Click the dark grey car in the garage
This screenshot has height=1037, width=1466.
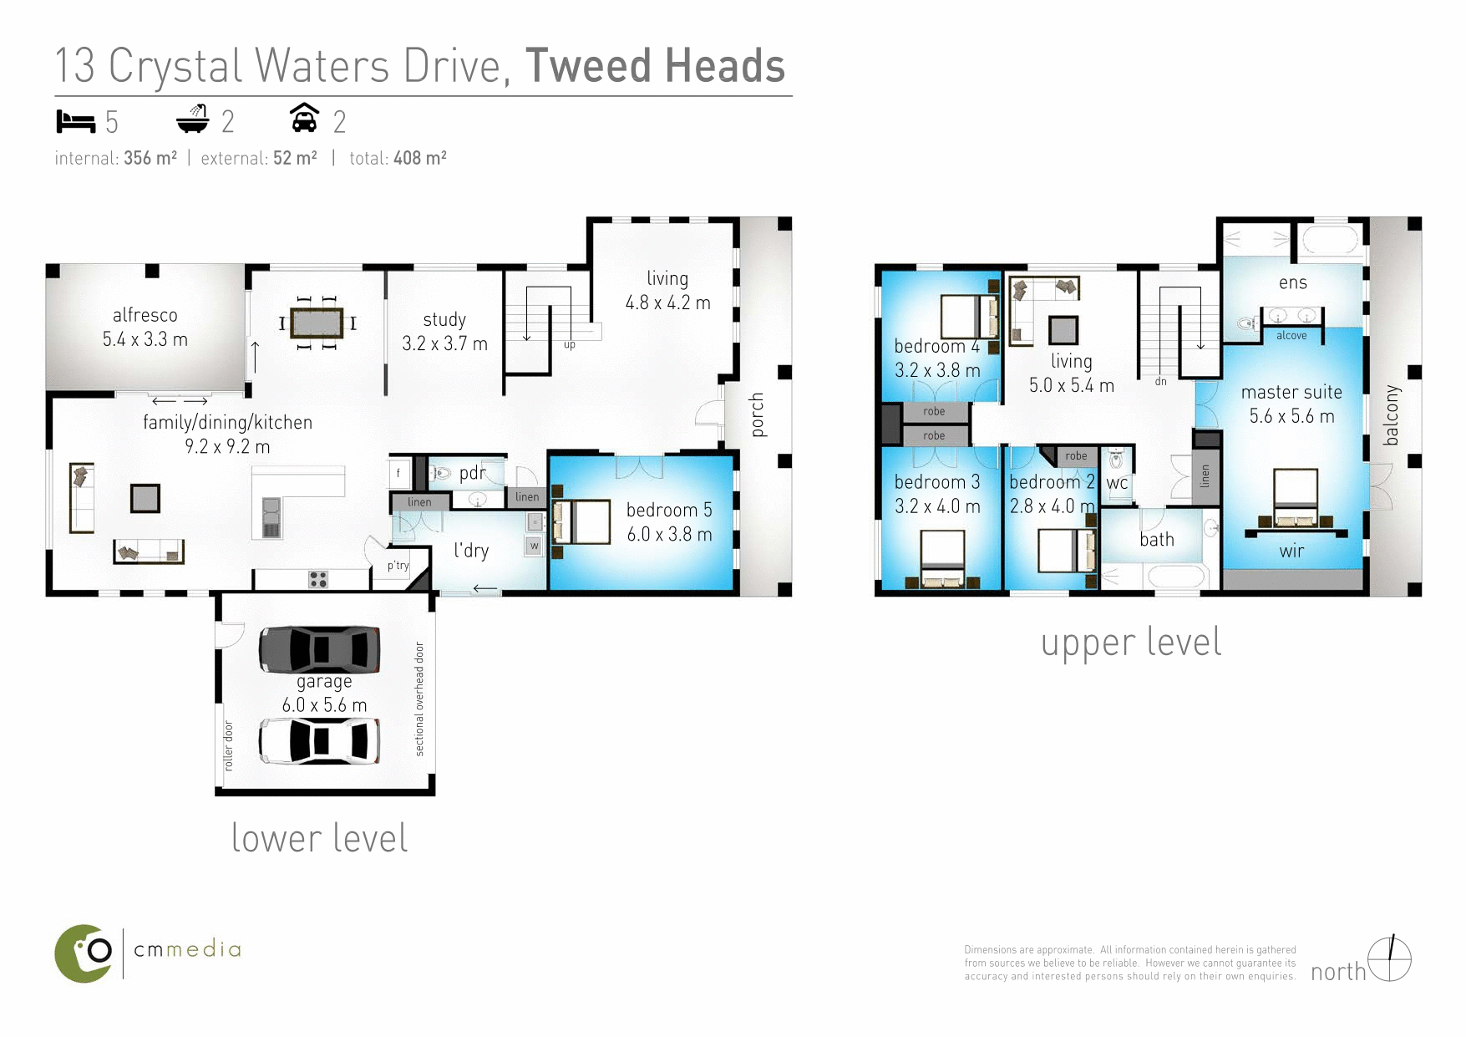[319, 648]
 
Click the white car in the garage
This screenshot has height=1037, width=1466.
[319, 740]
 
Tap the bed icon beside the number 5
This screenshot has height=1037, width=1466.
[76, 122]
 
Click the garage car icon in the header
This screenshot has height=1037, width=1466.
[305, 119]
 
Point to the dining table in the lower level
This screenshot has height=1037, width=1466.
[317, 323]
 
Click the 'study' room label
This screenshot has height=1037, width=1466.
[444, 319]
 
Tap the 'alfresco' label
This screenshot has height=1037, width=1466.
[145, 315]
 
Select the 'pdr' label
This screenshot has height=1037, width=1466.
[472, 473]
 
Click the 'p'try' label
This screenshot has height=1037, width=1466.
[398, 566]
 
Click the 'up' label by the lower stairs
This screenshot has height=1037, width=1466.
[570, 344]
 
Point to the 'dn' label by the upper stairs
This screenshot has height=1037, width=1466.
[1160, 381]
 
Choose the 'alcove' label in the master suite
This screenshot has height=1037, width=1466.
[1291, 335]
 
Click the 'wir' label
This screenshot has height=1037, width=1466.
[1291, 551]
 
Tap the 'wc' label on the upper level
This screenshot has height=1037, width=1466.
[1117, 483]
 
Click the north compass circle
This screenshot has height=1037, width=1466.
[1389, 959]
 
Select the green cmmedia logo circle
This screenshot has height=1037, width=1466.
[84, 953]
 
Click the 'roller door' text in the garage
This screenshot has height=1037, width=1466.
[229, 745]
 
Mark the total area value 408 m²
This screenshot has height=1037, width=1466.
[420, 158]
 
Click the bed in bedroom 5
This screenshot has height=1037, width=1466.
[582, 521]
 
